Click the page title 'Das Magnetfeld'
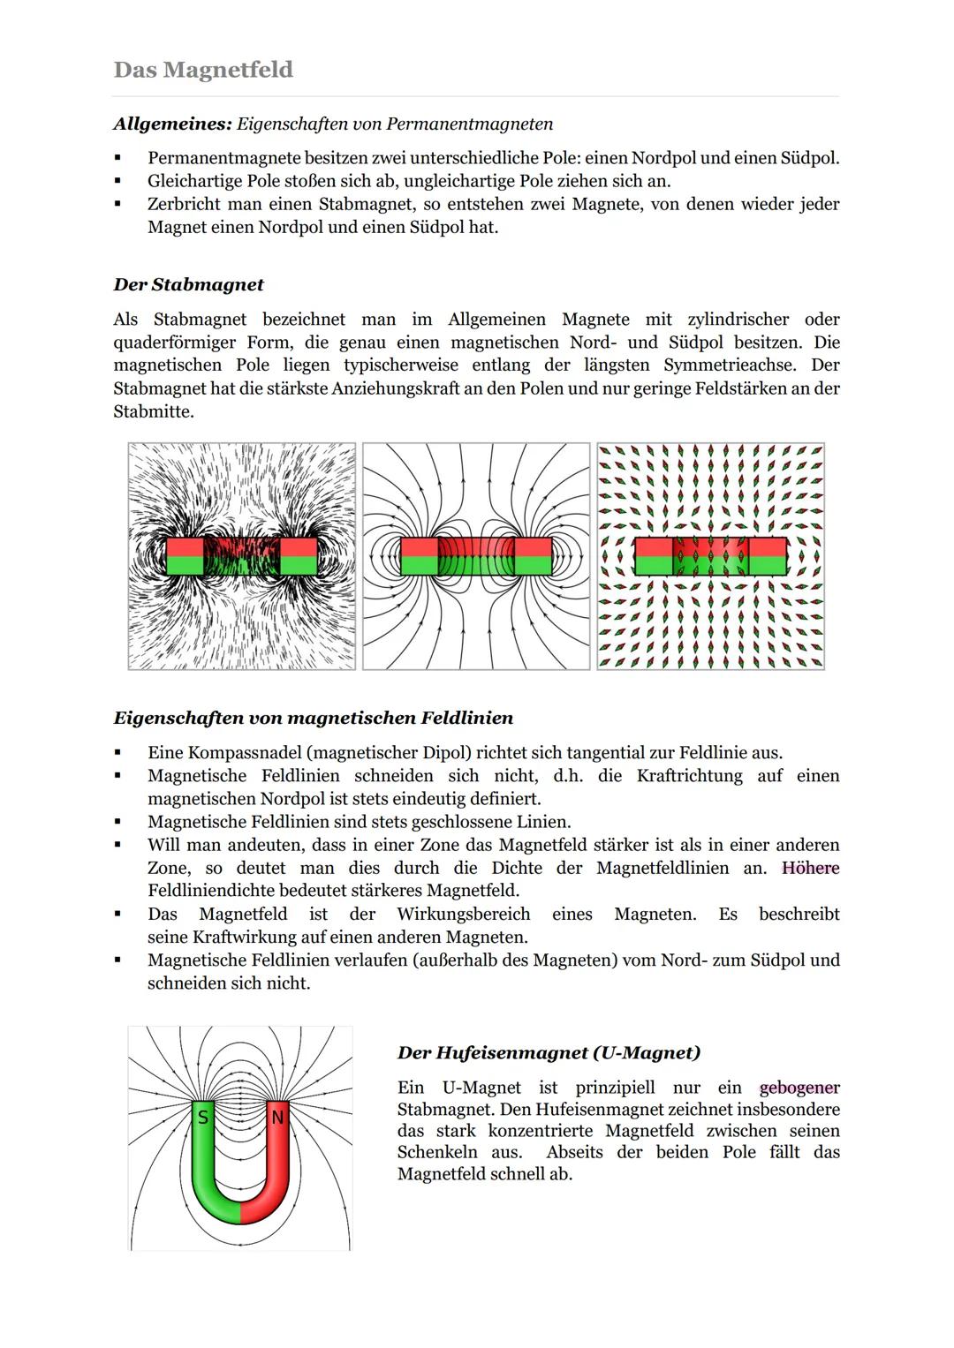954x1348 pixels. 203,70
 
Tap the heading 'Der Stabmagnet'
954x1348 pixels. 188,285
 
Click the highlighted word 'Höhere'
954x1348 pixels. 810,868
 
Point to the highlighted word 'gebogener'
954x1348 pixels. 799,1088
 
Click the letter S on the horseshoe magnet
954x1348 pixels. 203,1118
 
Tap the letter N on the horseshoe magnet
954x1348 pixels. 277,1118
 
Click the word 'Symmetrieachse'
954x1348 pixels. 729,365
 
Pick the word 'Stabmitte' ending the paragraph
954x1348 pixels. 150,411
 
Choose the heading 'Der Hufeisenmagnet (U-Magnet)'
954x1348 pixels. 549,1052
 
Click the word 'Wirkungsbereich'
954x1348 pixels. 463,914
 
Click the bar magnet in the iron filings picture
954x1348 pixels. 241,556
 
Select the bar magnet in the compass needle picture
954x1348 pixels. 710,556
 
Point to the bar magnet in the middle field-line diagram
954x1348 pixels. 475,556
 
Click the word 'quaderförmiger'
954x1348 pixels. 173,342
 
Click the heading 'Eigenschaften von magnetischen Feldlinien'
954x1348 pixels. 313,718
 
